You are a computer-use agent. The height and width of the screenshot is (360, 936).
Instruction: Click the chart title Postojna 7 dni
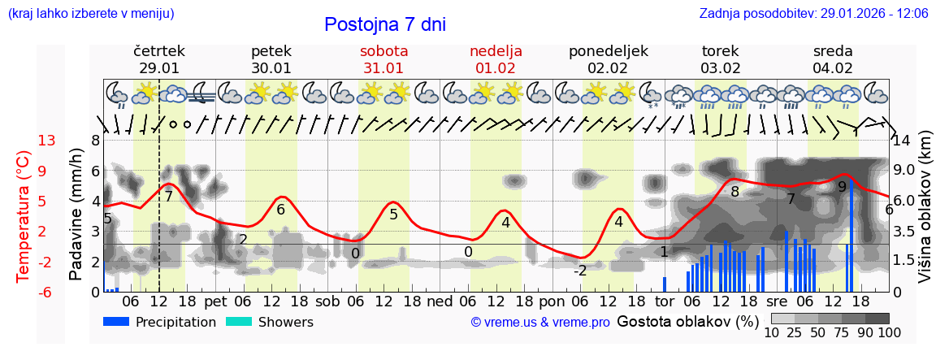click(x=385, y=24)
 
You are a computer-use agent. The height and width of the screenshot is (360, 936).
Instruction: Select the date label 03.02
click(x=720, y=67)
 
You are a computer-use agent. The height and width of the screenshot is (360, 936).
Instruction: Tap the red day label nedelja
click(x=496, y=51)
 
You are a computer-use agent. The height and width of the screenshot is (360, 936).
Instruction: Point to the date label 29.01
click(x=159, y=67)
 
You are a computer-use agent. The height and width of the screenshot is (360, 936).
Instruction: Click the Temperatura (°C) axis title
click(x=23, y=216)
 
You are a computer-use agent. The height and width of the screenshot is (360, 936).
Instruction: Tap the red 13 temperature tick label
click(x=46, y=141)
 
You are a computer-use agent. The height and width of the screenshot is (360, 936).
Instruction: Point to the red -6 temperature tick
click(x=46, y=292)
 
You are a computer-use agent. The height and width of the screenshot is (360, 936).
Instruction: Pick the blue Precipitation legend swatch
click(x=115, y=322)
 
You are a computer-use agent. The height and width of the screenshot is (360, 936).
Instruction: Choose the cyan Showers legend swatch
click(x=238, y=322)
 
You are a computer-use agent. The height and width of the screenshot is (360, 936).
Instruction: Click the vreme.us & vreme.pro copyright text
click(x=540, y=323)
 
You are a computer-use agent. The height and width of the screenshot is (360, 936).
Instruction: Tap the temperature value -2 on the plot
click(x=580, y=271)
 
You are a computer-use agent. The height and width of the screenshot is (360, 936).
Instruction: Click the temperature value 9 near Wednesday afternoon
click(x=842, y=187)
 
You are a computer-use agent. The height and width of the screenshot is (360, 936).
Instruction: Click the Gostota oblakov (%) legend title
click(x=687, y=321)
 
